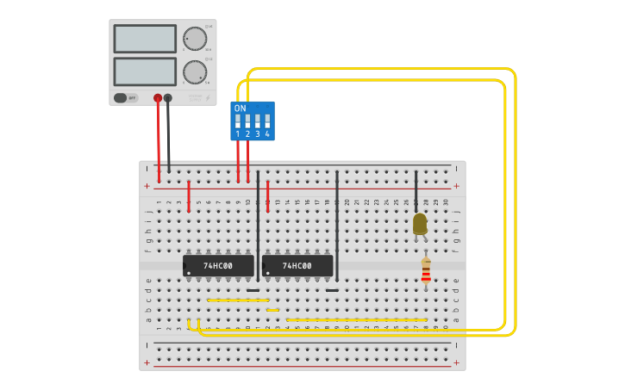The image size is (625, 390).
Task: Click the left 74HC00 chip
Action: (218, 266)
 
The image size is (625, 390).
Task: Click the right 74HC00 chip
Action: (297, 266)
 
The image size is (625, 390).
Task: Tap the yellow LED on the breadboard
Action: (420, 224)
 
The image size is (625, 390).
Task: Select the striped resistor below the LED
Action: (426, 272)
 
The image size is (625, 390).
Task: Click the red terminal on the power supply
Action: (158, 98)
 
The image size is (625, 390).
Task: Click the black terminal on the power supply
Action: (168, 98)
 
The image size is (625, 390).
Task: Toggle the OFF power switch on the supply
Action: (125, 98)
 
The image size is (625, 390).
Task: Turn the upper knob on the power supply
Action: (195, 39)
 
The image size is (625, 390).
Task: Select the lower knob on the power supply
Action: (195, 72)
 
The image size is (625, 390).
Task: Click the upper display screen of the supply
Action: (145, 39)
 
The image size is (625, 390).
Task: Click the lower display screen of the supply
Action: (145, 71)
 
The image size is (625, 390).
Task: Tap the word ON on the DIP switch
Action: (241, 108)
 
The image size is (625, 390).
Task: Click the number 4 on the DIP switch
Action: (267, 134)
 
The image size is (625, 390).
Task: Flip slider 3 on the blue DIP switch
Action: (258, 121)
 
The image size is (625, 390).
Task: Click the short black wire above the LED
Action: (416, 189)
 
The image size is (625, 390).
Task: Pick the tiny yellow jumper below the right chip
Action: (272, 310)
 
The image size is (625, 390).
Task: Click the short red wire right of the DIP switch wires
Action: (268, 195)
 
